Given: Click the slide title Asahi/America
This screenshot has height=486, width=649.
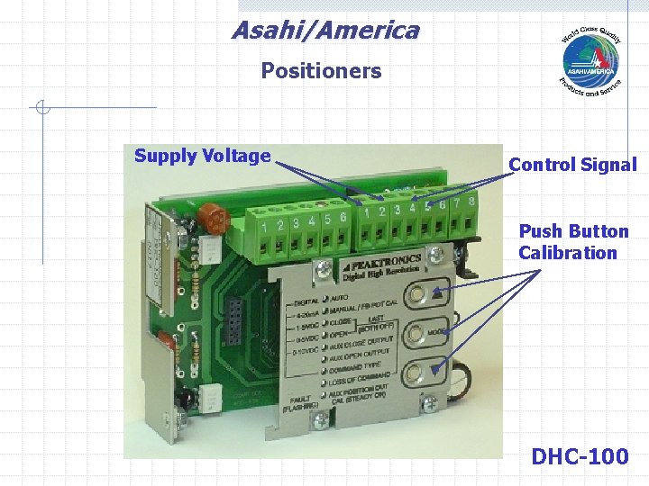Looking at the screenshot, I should coord(325,31).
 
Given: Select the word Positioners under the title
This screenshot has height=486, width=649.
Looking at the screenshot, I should coord(321,71).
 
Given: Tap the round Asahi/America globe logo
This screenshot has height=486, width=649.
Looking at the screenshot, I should coord(590,61).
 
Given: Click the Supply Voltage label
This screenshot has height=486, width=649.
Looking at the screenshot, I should coord(202,156).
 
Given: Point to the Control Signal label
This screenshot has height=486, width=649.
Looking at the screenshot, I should coord(572,165).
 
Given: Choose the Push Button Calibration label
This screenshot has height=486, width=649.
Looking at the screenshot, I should coord(568,242).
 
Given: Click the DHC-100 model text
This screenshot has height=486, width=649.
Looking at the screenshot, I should coord(580,456).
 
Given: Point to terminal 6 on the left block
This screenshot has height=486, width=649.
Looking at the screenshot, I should coord(343,219).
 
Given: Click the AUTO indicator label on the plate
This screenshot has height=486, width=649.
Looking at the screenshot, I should coord(340,297).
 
